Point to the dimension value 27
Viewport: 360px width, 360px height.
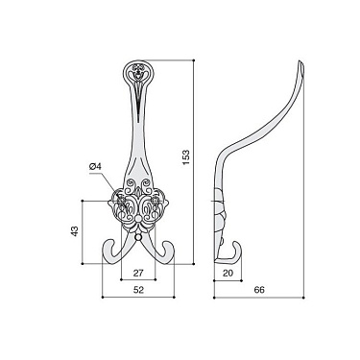pyautogui.click(x=137, y=272)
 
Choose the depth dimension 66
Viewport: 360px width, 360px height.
pyautogui.click(x=260, y=289)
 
